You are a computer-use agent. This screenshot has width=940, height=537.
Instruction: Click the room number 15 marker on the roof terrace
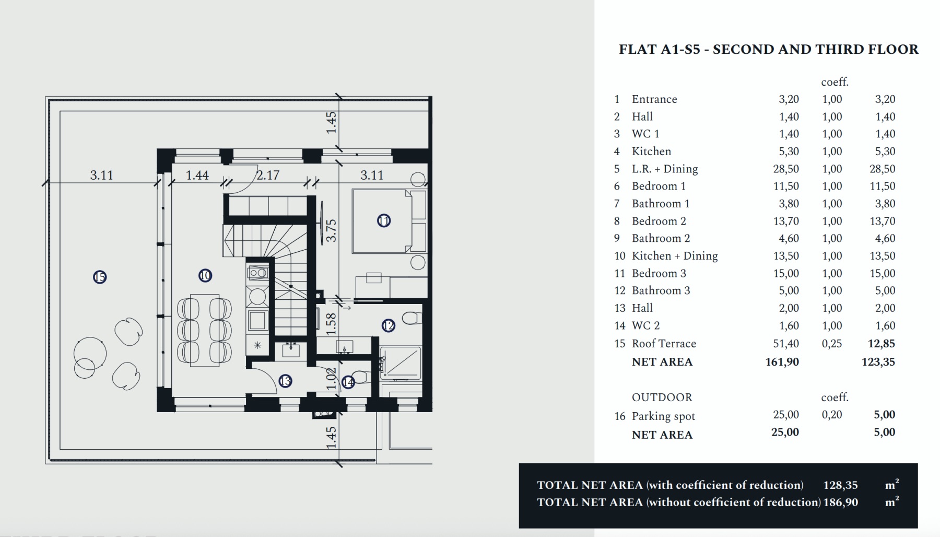pyautogui.click(x=100, y=277)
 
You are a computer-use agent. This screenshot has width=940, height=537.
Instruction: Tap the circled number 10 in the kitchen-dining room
pyautogui.click(x=205, y=275)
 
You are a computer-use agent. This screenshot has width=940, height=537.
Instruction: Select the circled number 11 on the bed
pyautogui.click(x=384, y=221)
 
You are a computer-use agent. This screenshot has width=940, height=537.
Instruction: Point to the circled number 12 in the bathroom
pyautogui.click(x=389, y=326)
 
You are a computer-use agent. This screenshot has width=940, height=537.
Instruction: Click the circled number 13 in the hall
pyautogui.click(x=285, y=381)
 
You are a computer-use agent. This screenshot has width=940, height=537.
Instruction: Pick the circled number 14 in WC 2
pyautogui.click(x=348, y=382)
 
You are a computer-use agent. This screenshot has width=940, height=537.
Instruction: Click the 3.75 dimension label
pyautogui.click(x=331, y=230)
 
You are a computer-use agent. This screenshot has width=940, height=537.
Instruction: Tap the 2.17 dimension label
pyautogui.click(x=268, y=176)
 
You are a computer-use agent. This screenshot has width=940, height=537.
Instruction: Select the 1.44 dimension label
pyautogui.click(x=197, y=176)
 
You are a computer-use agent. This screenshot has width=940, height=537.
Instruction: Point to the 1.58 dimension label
pyautogui.click(x=331, y=324)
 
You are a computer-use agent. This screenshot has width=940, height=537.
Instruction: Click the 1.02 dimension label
pyautogui.click(x=331, y=379)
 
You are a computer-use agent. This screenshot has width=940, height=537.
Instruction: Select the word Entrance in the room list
pyautogui.click(x=654, y=99)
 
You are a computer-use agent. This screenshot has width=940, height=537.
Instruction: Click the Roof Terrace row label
pyautogui.click(x=664, y=344)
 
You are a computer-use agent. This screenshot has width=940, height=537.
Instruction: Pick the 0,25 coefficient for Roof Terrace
pyautogui.click(x=832, y=344)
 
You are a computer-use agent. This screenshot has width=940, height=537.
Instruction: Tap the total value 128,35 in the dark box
pyautogui.click(x=840, y=485)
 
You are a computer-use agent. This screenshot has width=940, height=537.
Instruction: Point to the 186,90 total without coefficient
pyautogui.click(x=840, y=503)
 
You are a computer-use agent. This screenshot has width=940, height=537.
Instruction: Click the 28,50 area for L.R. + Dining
pyautogui.click(x=786, y=169)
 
